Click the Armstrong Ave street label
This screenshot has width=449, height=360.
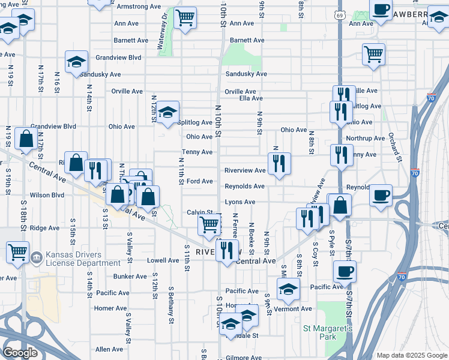tap(139, 7)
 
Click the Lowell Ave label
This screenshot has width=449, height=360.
tap(163, 261)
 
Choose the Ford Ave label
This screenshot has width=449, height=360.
tap(200, 181)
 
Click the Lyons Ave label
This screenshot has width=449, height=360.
tap(240, 202)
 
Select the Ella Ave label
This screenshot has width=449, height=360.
tap(251, 98)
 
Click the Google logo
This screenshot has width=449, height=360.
tap(20, 353)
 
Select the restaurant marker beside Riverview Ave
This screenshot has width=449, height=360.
tap(279, 163)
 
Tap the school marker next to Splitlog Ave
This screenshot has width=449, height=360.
tap(168, 112)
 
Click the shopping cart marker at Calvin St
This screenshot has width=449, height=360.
tap(209, 226)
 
